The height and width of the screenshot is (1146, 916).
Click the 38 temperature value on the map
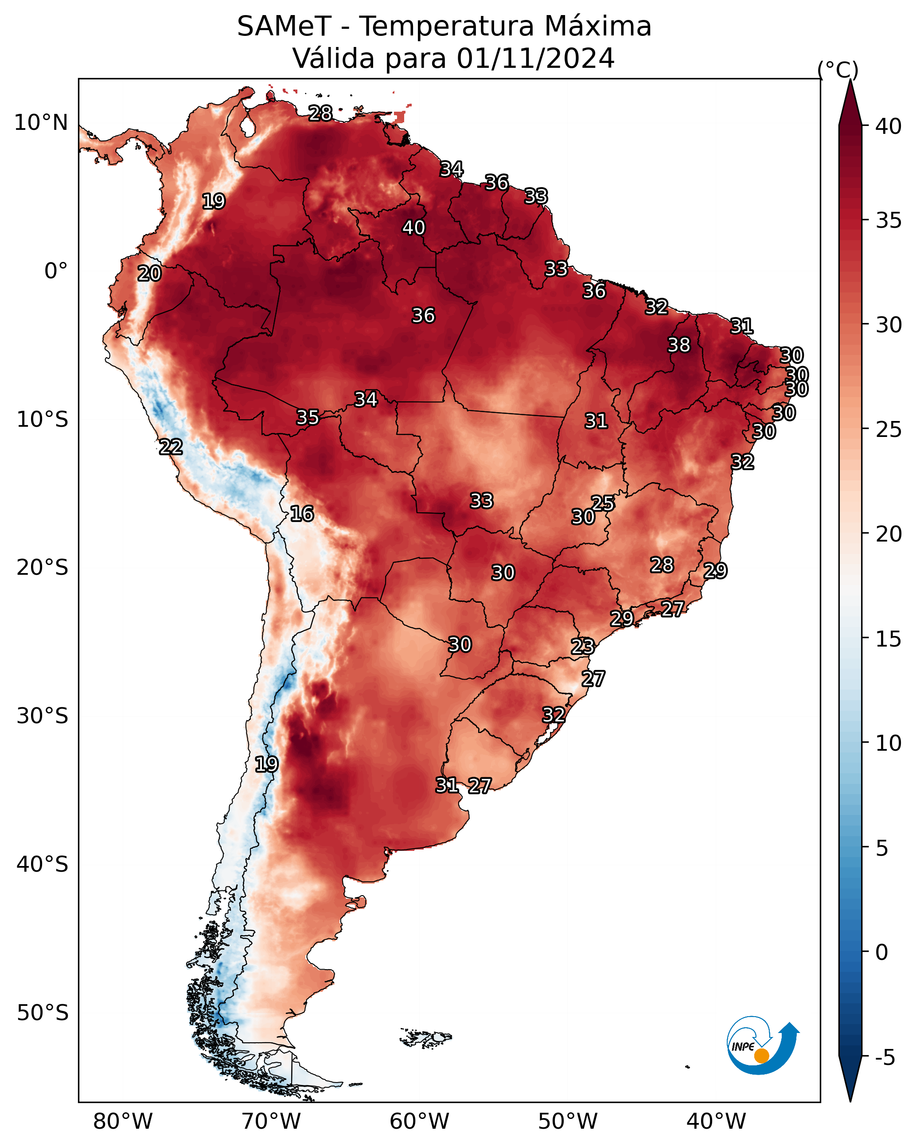(x=679, y=345)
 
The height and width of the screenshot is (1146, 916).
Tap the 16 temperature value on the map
(x=302, y=514)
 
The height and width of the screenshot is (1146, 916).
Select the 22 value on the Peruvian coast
(x=171, y=447)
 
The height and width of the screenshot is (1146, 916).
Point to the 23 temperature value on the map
(x=583, y=647)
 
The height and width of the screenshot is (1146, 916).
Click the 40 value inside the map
(x=413, y=227)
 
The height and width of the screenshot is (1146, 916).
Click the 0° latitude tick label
(x=56, y=271)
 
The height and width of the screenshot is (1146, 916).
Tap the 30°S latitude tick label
(x=43, y=716)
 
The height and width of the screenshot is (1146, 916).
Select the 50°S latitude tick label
(x=43, y=1013)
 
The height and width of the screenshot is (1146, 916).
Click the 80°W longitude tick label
(x=123, y=1121)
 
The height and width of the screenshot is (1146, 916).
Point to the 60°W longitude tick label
(x=420, y=1121)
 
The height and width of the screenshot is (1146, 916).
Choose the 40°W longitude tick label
(x=716, y=1121)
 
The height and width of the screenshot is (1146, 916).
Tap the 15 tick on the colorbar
(x=889, y=639)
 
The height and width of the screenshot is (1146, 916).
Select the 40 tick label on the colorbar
(x=889, y=126)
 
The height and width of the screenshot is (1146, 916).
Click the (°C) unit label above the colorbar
(x=838, y=70)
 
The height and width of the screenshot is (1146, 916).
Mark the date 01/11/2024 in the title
(x=535, y=58)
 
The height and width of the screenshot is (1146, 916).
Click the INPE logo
(x=763, y=1047)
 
